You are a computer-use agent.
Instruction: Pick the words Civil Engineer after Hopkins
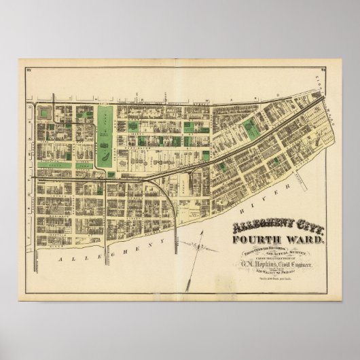pos(300,262)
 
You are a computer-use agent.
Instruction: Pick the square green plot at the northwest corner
pos(46,113)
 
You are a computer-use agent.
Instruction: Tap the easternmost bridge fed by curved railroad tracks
pos(177,231)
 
